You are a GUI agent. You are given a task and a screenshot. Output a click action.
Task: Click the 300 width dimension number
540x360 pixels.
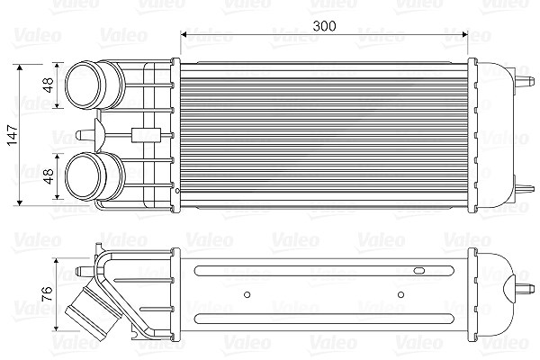[324, 26]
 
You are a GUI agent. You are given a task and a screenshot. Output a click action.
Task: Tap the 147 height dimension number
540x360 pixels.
[13, 135]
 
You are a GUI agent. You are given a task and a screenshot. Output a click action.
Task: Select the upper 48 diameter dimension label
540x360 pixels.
[49, 85]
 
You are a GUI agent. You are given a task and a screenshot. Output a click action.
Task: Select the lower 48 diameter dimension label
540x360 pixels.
[49, 176]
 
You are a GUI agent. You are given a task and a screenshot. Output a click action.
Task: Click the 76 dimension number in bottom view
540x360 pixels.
[47, 294]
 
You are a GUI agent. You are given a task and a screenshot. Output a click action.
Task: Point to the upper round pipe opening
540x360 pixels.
[84, 85]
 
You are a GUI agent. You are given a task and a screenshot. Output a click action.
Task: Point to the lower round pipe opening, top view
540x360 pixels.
[84, 176]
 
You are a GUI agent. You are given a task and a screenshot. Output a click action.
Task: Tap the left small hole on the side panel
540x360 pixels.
[247, 294]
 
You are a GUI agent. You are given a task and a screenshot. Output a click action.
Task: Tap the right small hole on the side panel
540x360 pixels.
[400, 294]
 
